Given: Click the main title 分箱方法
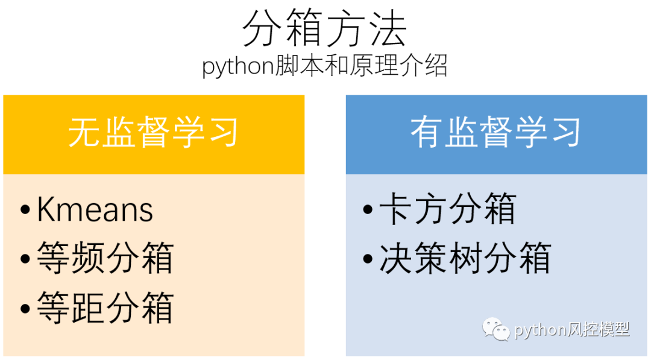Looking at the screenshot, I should coord(325,29).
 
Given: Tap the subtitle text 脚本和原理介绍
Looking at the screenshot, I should coord(361,66).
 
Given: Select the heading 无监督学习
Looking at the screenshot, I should coord(153,133).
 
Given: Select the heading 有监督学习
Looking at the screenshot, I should coord(495,133).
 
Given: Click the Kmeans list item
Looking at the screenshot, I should coord(95,210).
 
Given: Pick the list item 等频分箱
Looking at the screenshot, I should coord(105,258).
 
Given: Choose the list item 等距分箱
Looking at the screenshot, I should coord(105,307).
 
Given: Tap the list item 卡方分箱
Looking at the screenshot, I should coord(447,210).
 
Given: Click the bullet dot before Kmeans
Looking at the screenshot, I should coord(25,211).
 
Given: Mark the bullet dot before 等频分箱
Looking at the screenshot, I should coord(25,259).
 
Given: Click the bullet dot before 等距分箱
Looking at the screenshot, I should coord(25,308).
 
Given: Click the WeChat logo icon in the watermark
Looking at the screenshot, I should coord(495,329).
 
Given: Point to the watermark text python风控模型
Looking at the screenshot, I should coord(571,329).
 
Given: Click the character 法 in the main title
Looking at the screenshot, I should coord(388,29).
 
